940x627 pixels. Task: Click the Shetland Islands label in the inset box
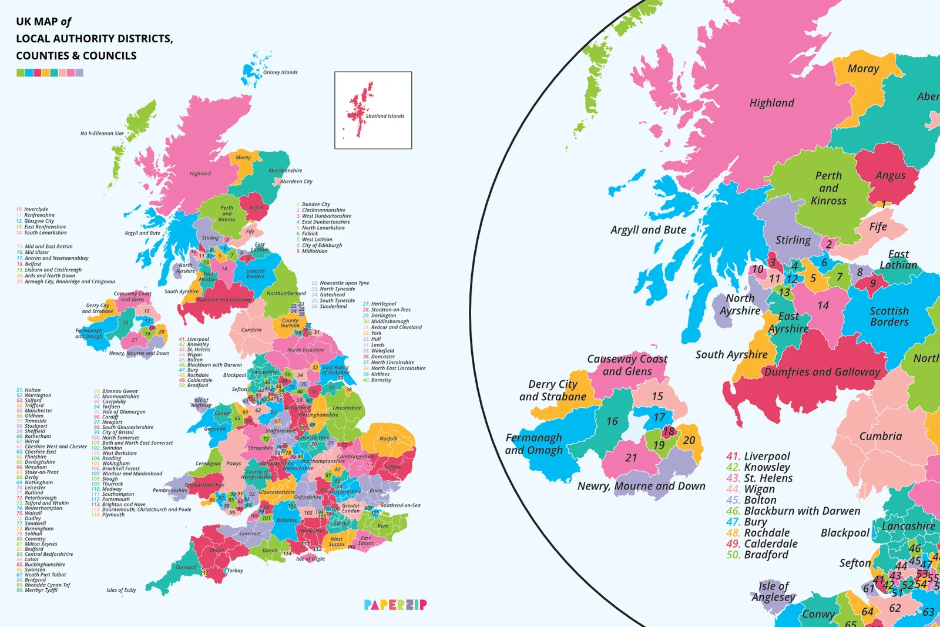click(x=385, y=116)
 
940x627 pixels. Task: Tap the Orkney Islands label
click(x=280, y=73)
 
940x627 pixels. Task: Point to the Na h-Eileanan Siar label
click(x=102, y=133)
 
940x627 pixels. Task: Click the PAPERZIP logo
click(x=395, y=605)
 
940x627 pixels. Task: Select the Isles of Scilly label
click(x=121, y=590)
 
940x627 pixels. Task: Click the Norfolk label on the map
click(x=388, y=438)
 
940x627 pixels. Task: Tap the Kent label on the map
click(x=383, y=526)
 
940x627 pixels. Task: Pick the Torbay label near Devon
click(x=235, y=571)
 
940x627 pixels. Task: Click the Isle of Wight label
click(x=310, y=559)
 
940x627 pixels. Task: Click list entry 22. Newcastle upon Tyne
click(x=340, y=283)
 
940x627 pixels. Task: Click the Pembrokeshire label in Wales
click(x=170, y=490)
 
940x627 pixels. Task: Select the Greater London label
click(x=351, y=508)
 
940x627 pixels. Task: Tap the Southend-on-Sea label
click(x=400, y=505)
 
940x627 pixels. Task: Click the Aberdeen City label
click(x=296, y=182)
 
